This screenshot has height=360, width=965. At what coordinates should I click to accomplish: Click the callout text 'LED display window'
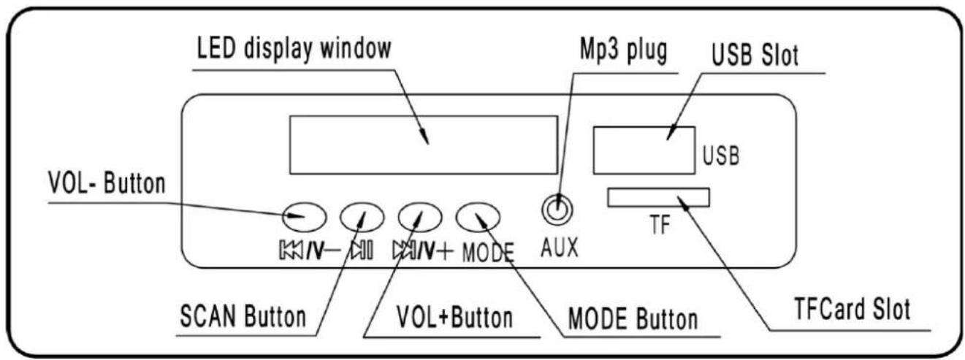click(x=294, y=49)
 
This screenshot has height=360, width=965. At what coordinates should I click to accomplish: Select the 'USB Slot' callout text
click(x=755, y=55)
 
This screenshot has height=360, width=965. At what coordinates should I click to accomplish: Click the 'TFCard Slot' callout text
click(x=853, y=309)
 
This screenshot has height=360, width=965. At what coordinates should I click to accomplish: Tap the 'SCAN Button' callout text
click(x=243, y=317)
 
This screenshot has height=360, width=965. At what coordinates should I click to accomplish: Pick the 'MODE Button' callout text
click(x=633, y=319)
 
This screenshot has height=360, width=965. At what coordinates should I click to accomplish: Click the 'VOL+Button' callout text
click(x=455, y=318)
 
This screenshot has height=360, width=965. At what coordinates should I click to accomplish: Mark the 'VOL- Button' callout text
click(x=107, y=184)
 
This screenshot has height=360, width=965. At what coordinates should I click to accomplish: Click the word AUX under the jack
click(x=559, y=248)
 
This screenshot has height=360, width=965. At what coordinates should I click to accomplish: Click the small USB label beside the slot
click(x=721, y=156)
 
